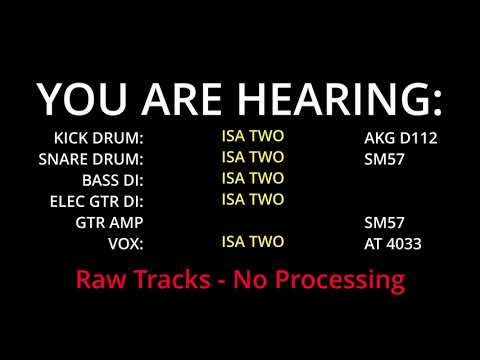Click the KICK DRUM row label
(x=99, y=137)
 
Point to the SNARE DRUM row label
(x=91, y=158)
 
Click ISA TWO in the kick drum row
(x=252, y=135)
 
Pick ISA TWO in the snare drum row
(x=252, y=156)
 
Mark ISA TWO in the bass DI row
(x=252, y=178)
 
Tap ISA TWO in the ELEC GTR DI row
(x=252, y=199)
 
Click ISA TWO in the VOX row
(x=252, y=241)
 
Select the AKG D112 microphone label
(x=401, y=137)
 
